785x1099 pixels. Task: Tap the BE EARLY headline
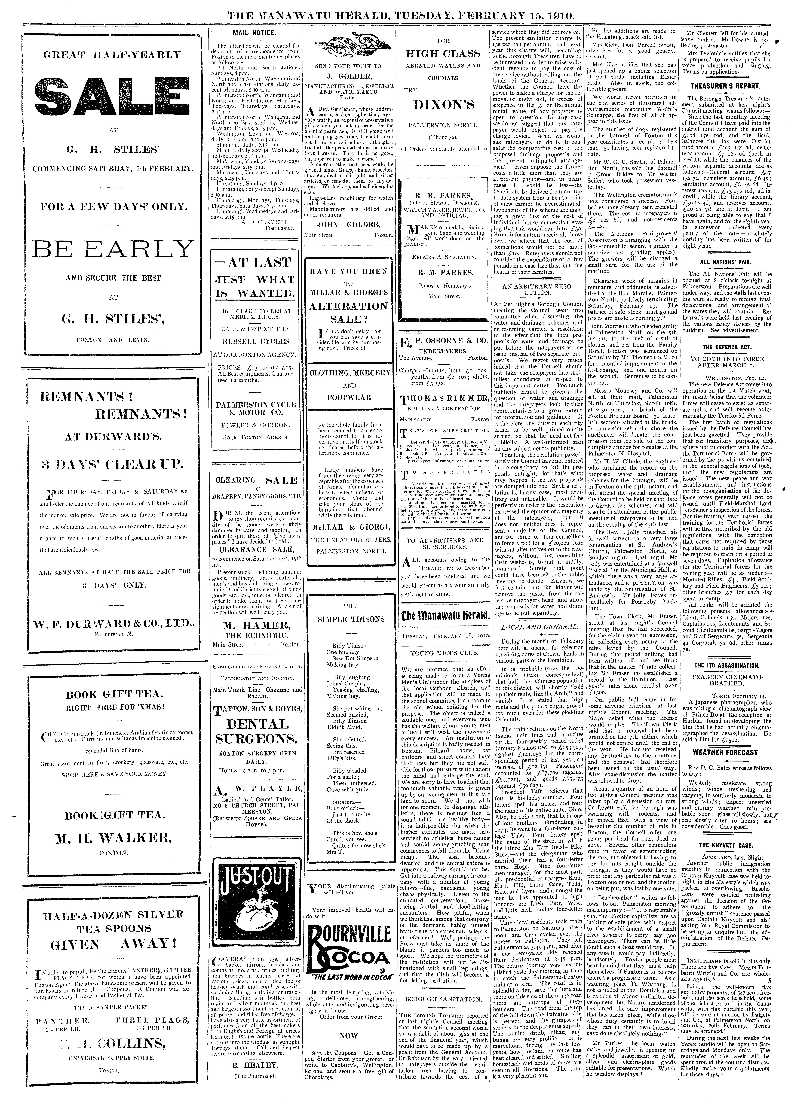(112, 249)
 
